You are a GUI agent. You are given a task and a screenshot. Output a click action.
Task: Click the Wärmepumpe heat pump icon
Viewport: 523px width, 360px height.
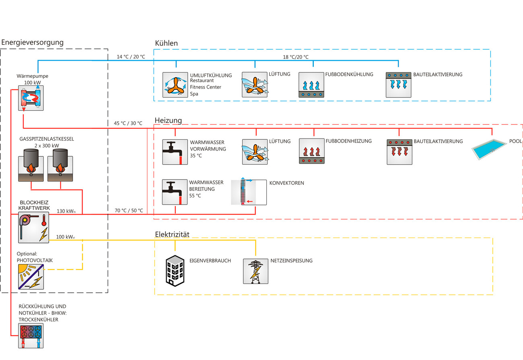point(31,98)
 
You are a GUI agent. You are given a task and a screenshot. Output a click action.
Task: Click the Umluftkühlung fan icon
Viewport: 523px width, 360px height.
point(175,85)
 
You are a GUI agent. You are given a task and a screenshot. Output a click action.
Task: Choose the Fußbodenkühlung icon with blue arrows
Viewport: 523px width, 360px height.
point(312,85)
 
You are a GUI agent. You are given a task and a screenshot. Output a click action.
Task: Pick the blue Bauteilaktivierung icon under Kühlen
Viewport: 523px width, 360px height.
point(398,85)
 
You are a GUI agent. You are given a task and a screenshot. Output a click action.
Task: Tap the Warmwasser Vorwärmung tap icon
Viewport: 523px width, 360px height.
point(175,152)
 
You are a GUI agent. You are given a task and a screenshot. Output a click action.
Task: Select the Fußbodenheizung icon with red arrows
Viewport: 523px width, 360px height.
point(312,151)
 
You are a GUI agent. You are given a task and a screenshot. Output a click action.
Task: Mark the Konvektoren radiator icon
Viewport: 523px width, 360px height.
point(249,192)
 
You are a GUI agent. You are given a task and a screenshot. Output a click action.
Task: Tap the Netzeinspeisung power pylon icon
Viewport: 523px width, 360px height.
point(255,271)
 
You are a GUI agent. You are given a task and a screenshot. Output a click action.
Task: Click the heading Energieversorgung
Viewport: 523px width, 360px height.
point(33,42)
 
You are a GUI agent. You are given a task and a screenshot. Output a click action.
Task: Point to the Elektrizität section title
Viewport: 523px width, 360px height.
point(172,234)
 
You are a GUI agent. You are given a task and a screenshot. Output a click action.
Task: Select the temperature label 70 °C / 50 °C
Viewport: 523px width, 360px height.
point(129,210)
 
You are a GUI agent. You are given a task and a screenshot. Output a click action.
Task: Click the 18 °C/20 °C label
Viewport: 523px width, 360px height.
point(296,57)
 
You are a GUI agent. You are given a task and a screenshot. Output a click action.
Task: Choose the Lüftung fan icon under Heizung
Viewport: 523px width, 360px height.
point(255,151)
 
